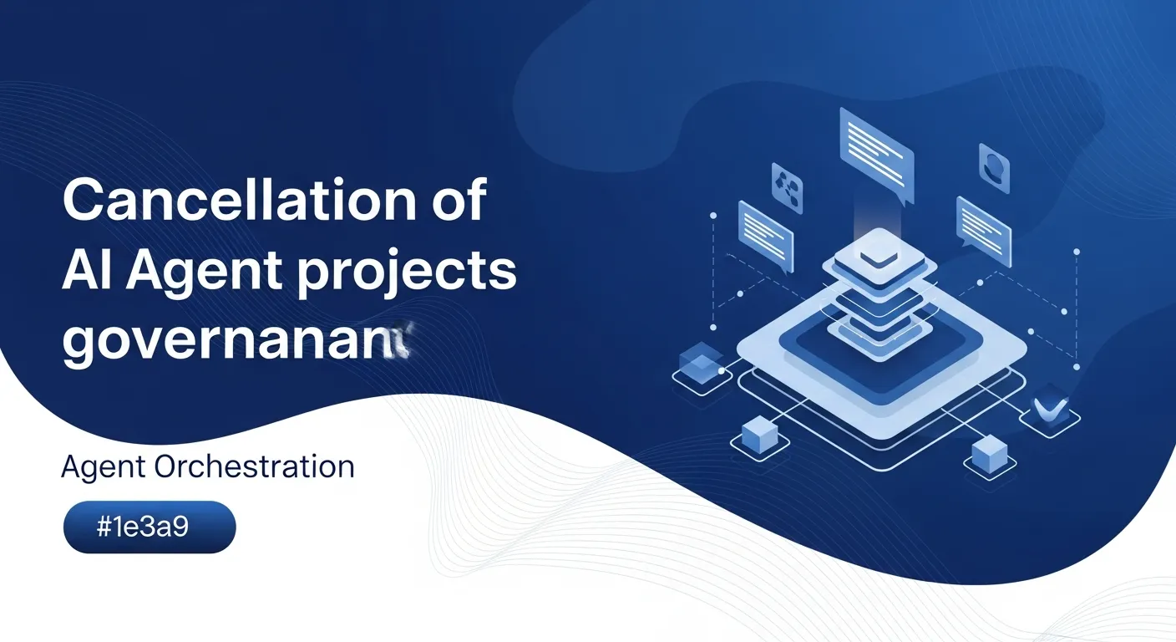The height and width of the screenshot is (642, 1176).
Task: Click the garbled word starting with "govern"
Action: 238,342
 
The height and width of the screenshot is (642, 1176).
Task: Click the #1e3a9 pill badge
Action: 150,527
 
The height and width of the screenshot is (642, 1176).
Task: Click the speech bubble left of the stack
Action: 765,235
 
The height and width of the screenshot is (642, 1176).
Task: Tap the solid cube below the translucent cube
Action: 758,433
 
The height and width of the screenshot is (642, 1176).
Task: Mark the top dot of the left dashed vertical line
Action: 713,216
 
